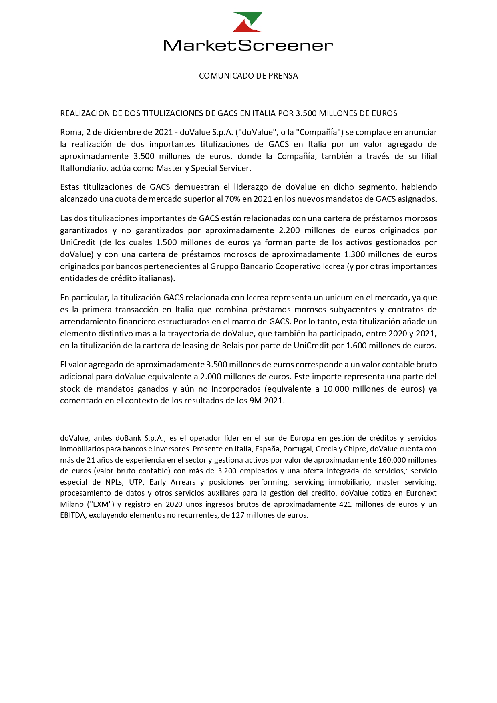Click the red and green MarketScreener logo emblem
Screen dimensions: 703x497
248,22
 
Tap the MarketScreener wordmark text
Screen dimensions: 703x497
248,45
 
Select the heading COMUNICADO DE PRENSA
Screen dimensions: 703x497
248,76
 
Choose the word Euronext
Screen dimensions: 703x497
421,493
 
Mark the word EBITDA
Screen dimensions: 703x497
72,515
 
